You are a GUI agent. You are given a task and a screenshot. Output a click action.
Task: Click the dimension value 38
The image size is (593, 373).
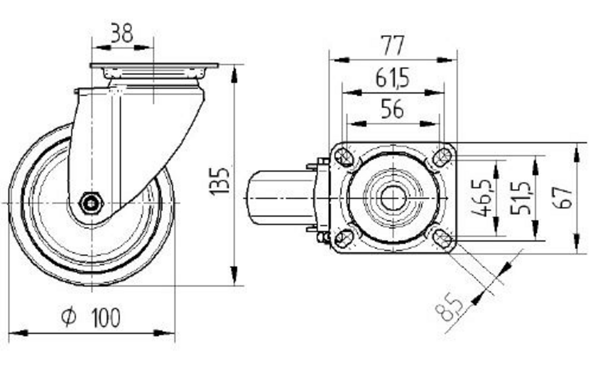click(122, 34)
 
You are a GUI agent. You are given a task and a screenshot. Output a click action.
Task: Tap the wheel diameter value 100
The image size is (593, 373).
click(106, 318)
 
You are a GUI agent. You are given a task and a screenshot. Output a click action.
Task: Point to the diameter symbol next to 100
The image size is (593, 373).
click(69, 317)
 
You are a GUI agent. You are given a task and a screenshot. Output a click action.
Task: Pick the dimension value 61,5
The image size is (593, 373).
click(393, 78)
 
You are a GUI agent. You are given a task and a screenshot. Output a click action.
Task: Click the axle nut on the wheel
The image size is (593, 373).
click(91, 203)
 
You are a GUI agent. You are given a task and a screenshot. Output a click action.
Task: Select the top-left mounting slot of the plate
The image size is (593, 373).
click(343, 157)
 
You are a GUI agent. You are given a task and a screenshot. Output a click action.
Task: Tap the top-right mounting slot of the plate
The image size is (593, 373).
click(442, 157)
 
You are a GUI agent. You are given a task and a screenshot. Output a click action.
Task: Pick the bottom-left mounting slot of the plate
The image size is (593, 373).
click(343, 239)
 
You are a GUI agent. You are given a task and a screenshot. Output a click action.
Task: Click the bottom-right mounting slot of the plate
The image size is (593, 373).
click(442, 239)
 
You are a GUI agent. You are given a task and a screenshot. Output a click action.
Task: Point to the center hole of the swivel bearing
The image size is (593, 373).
click(392, 198)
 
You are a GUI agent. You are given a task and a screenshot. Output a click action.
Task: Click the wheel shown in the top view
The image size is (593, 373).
click(279, 198)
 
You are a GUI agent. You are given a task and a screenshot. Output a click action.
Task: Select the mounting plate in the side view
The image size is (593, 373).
click(154, 65)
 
